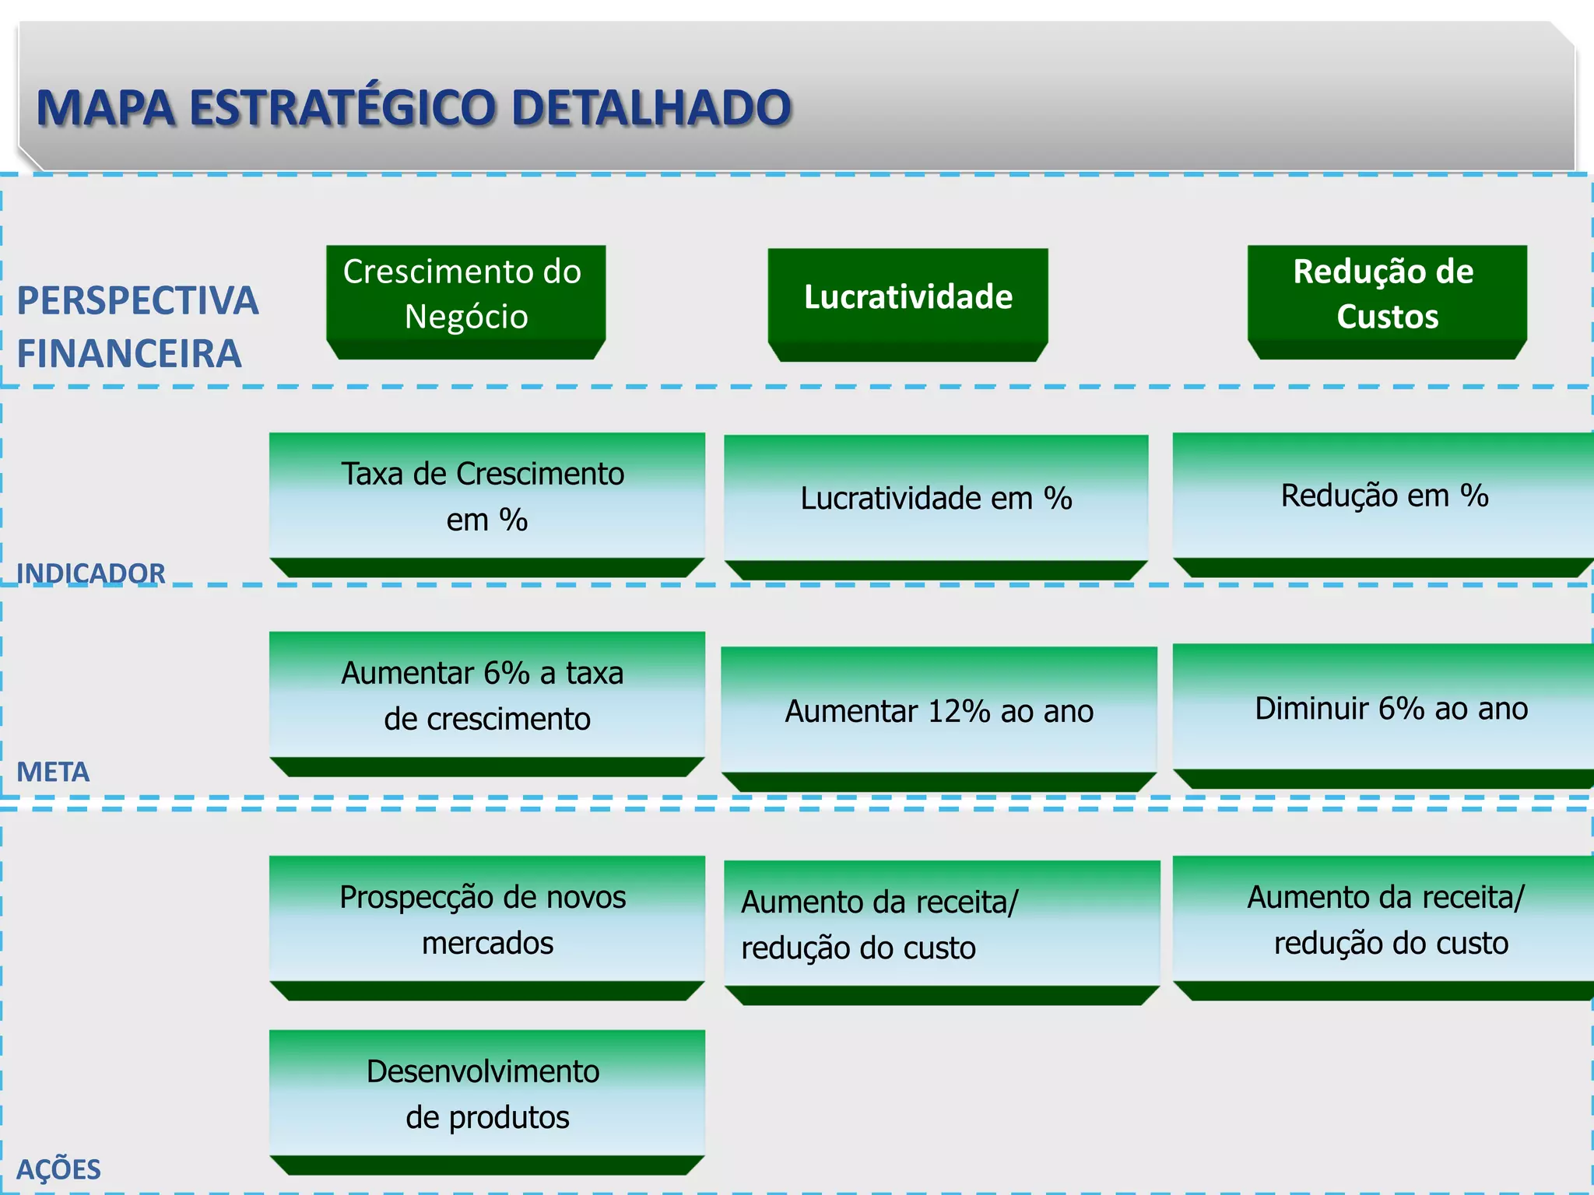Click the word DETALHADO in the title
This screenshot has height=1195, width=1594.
[x=651, y=107]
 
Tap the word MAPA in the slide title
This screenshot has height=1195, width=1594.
[x=105, y=107]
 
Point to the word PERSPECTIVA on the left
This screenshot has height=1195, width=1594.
[x=137, y=301]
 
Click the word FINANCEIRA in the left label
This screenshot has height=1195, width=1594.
[x=129, y=354]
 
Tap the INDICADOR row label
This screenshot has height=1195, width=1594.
[x=90, y=573]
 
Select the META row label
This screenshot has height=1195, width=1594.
[x=53, y=772]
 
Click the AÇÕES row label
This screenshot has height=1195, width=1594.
[x=58, y=1169]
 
